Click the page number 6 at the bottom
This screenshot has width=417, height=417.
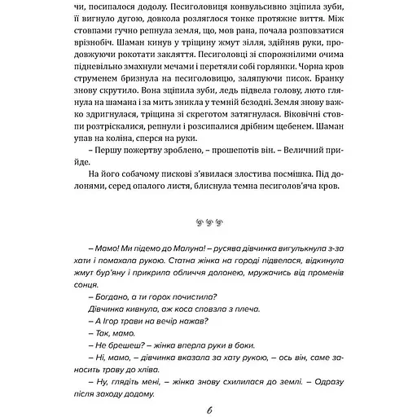point(209,408)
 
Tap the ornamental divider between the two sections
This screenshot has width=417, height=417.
point(208,224)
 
